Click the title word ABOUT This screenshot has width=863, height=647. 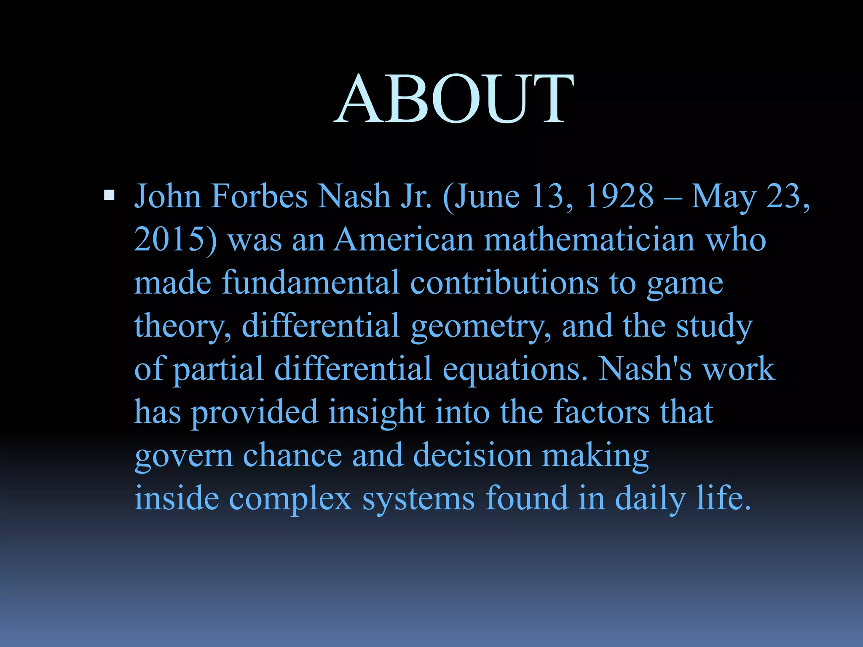click(x=454, y=99)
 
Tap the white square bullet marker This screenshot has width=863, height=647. click(x=109, y=195)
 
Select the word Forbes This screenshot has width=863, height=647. click(x=259, y=196)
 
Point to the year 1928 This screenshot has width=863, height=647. click(x=619, y=196)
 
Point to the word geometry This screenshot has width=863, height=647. click(x=481, y=327)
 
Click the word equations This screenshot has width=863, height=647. click(x=515, y=370)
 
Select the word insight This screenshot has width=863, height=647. click(x=377, y=413)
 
